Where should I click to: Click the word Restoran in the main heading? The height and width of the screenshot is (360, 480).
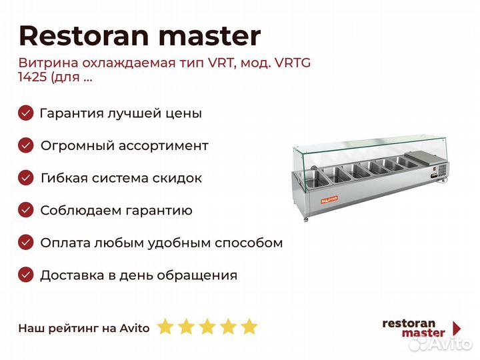pos(84,36)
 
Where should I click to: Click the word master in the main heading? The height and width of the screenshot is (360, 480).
pos(210,37)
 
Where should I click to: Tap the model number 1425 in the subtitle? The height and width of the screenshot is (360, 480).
pos(33,77)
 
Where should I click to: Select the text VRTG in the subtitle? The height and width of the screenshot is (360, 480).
pos(293,63)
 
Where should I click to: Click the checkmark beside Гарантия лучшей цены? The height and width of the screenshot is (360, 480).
pos(26,113)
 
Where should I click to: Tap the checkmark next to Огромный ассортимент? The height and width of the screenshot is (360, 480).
pos(26,145)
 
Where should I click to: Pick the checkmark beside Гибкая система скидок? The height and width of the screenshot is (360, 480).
pos(26,178)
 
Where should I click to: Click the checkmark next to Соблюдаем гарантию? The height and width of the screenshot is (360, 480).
pos(26,210)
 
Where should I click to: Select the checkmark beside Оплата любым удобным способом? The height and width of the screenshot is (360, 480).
pos(26,243)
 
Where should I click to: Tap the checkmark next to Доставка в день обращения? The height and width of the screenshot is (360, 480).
pos(26,275)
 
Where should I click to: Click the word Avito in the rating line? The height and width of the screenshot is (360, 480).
pos(135,328)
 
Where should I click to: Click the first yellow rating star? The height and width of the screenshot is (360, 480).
pos(165,326)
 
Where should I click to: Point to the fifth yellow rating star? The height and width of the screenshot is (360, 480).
pos(249,326)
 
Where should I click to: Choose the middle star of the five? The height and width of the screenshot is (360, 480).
pos(207,326)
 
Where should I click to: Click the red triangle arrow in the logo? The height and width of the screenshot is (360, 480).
pos(457,328)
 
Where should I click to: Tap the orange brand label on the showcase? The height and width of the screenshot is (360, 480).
pos(329,199)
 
